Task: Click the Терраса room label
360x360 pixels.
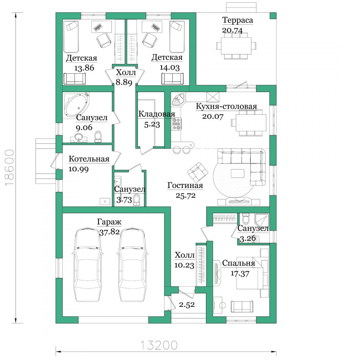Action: [x=237, y=20]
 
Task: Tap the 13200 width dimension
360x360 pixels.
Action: [x=159, y=345]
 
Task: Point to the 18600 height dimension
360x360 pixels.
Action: [x=9, y=168]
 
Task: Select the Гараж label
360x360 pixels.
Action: [x=109, y=222]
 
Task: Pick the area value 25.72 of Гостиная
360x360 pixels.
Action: [x=186, y=195]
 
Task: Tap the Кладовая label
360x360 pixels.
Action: [x=156, y=114]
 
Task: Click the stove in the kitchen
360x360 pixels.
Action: [x=176, y=124]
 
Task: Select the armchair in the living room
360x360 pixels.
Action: [x=198, y=172]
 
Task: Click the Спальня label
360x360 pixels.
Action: [x=238, y=263]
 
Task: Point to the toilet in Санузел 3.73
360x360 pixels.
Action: [x=137, y=199]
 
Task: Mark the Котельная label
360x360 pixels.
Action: [x=89, y=159]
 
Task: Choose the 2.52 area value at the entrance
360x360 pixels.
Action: [x=187, y=305]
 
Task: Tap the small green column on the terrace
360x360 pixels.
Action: [x=273, y=16]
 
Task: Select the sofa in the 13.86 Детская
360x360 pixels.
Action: [x=75, y=79]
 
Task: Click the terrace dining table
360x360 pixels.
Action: [x=236, y=46]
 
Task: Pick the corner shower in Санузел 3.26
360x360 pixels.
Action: [x=262, y=220]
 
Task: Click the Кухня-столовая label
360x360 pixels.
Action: [x=226, y=106]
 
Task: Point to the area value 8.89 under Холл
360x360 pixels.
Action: [x=124, y=82]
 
